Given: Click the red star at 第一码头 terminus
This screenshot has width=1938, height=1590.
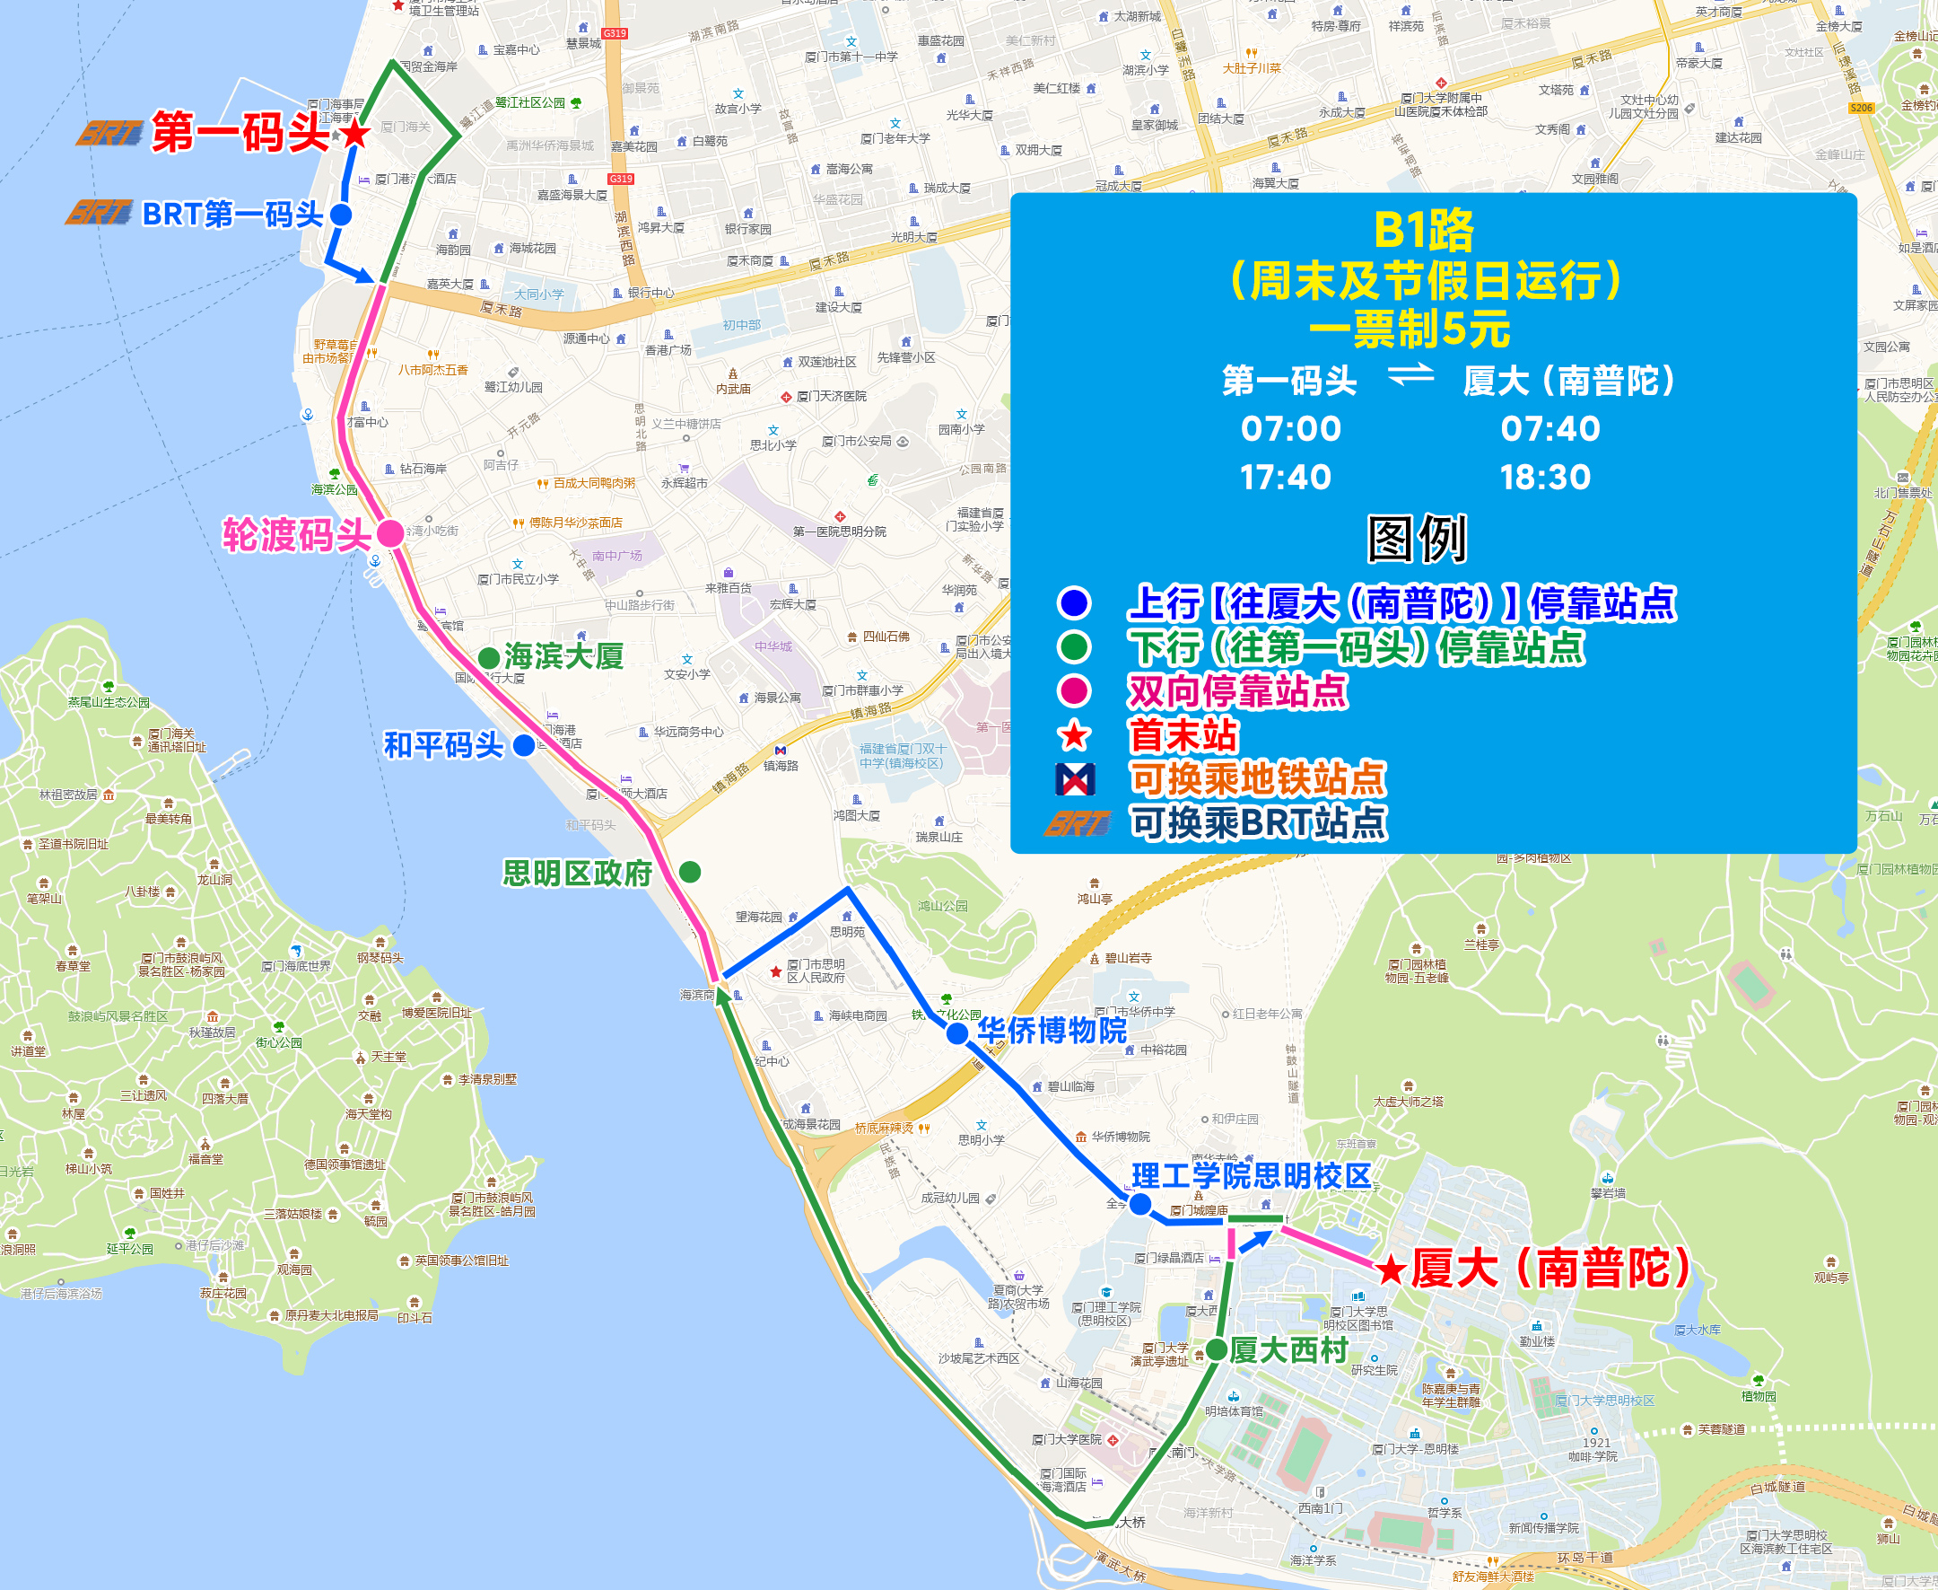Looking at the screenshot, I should point(355,135).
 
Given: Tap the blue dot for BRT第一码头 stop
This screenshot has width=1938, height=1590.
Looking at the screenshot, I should point(341,215).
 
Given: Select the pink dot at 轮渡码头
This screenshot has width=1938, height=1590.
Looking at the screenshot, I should point(391,533).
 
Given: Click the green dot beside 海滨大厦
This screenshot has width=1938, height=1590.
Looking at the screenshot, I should point(489,657).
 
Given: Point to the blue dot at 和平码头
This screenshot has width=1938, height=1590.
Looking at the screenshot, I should point(524,745).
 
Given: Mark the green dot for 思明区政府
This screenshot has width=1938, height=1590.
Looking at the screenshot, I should point(690,872).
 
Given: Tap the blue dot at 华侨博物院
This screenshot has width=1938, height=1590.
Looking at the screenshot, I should point(956,1033).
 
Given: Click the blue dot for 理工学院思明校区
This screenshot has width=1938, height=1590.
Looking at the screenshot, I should point(1139,1205).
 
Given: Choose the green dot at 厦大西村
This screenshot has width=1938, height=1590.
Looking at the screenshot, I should point(1217,1349).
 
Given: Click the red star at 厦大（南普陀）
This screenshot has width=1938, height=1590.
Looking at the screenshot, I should point(1391,1269).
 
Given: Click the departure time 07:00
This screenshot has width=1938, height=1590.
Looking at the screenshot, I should point(1291,428).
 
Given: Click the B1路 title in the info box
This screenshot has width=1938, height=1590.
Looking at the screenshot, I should point(1424,231).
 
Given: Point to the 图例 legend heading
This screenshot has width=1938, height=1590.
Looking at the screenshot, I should point(1417,539).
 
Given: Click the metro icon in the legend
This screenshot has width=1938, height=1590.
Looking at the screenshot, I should point(1075,779).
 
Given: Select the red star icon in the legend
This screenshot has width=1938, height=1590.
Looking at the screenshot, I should point(1075,735).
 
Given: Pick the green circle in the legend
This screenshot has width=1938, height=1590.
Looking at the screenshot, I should point(1074,647).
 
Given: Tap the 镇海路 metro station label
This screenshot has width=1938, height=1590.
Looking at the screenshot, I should point(781,765).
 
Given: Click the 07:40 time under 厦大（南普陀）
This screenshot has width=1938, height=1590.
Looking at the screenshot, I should point(1550,428).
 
